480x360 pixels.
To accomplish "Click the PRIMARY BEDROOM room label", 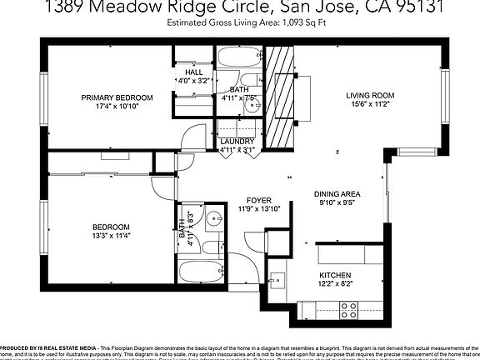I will click(x=115, y=97).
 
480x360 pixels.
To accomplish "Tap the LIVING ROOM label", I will click(x=370, y=96).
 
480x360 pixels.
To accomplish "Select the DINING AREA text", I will click(x=337, y=193).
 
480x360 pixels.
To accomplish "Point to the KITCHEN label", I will click(x=335, y=275).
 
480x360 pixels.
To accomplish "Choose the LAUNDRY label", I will click(x=237, y=142).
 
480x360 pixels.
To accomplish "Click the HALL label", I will click(x=182, y=72).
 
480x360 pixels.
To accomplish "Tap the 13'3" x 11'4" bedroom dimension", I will click(x=110, y=237).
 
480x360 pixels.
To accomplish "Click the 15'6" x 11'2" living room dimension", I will click(x=370, y=105).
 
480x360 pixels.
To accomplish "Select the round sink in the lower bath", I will click(x=213, y=220).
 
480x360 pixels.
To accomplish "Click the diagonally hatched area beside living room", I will click(x=279, y=95).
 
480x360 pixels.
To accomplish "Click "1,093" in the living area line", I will click(x=284, y=23).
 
